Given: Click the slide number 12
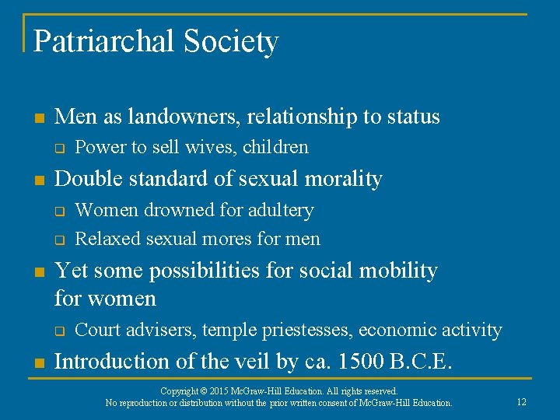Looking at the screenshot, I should (x=521, y=402).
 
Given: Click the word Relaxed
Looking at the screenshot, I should (x=105, y=239).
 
